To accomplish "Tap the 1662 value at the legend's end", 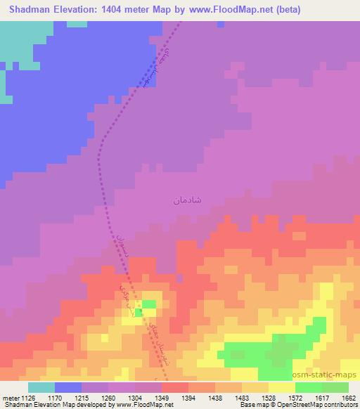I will click(347, 397).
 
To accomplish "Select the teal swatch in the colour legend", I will click(41, 387).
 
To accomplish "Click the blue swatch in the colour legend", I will click(68, 387).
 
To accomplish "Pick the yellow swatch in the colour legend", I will click(281, 387).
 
